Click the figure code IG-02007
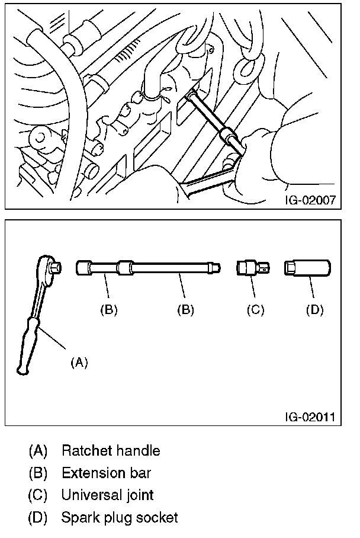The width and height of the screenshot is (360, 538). pyautogui.click(x=310, y=199)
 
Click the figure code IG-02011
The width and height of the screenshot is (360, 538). pyautogui.click(x=310, y=417)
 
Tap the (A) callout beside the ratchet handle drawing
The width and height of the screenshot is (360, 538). pyautogui.click(x=79, y=362)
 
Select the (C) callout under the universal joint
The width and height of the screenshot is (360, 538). pyautogui.click(x=255, y=310)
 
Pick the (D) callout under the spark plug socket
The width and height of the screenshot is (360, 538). pyautogui.click(x=314, y=310)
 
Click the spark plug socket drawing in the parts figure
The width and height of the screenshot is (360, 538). pyautogui.click(x=307, y=268)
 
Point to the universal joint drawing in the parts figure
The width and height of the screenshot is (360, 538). pyautogui.click(x=253, y=268)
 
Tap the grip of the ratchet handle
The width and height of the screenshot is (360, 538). pyautogui.click(x=27, y=346)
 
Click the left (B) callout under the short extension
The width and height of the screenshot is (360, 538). pyautogui.click(x=109, y=310)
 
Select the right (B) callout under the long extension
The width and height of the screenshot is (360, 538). pyautogui.click(x=185, y=310)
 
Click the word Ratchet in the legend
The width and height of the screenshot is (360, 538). pyautogui.click(x=87, y=450)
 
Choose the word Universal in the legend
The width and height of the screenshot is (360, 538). pyautogui.click(x=91, y=495)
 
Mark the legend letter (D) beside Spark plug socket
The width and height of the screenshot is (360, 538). pyautogui.click(x=38, y=517)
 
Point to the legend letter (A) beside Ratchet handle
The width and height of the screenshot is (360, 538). pyautogui.click(x=38, y=450)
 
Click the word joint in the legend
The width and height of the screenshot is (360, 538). pyautogui.click(x=140, y=496)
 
